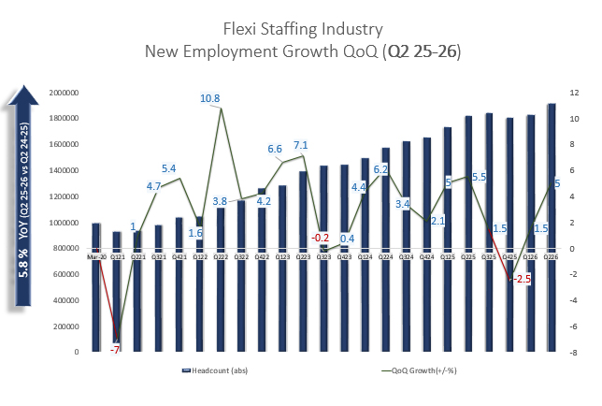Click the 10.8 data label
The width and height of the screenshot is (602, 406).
(x=209, y=98)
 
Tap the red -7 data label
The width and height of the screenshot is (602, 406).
(x=115, y=348)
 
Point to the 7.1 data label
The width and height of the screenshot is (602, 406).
(x=301, y=146)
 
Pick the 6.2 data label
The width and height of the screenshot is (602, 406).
(x=380, y=169)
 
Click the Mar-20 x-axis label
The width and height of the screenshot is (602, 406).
(x=95, y=254)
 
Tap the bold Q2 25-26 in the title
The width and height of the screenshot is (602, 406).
(x=422, y=51)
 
